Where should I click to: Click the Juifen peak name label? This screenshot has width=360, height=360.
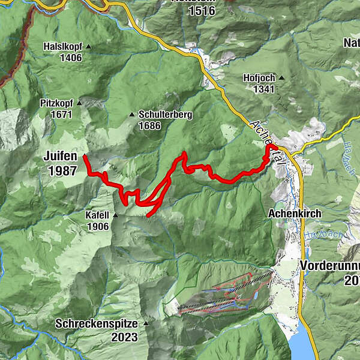[60, 157]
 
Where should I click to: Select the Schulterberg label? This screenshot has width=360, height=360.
[165, 114]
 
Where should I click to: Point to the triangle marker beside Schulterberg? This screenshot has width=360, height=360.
[133, 114]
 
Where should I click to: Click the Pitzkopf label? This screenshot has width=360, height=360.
[58, 103]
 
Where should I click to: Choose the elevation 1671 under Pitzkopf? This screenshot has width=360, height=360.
[61, 114]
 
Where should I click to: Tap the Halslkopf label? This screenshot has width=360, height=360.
[63, 46]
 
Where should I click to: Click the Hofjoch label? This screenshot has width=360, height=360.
[259, 78]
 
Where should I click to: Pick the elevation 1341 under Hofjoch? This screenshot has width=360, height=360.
[263, 89]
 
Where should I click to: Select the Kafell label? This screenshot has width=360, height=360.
[97, 215]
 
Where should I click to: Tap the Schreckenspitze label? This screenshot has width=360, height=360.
[96, 323]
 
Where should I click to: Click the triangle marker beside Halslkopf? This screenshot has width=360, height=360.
[89, 46]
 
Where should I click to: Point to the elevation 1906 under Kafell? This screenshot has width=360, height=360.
[97, 226]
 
